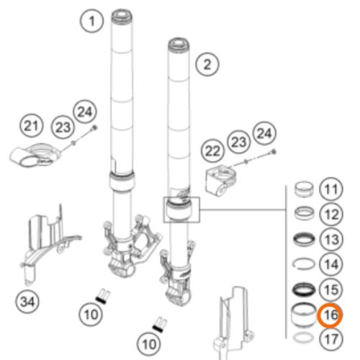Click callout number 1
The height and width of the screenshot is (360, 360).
tap(91, 22)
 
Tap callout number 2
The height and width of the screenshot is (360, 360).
tap(207, 66)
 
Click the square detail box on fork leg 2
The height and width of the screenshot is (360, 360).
tap(180, 208)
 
